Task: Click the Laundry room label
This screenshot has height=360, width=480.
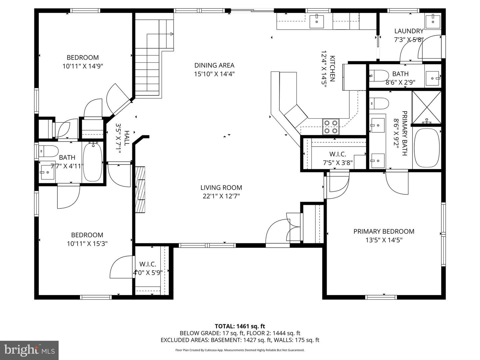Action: (409, 31)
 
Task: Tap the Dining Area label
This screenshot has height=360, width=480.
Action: (214, 65)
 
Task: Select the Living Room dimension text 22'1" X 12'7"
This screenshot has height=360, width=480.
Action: (221, 196)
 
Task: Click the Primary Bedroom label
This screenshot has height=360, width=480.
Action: (384, 231)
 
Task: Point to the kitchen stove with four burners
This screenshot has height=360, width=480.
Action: (331, 127)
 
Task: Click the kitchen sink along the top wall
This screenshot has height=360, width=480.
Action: (316, 21)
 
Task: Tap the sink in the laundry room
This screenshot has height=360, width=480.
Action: (433, 19)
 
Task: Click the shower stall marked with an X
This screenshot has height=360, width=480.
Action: (426, 107)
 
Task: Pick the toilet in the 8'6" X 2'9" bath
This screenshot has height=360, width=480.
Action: (379, 76)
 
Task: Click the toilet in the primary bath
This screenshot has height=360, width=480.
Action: (379, 103)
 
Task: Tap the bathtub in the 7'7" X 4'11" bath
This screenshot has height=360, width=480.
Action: (93, 161)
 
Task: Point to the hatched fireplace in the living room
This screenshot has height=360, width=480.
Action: (140, 189)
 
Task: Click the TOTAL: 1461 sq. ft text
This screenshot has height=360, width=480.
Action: (240, 326)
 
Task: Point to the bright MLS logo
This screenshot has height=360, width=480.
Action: (29, 350)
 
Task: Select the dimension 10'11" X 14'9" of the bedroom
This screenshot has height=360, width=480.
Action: (83, 66)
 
